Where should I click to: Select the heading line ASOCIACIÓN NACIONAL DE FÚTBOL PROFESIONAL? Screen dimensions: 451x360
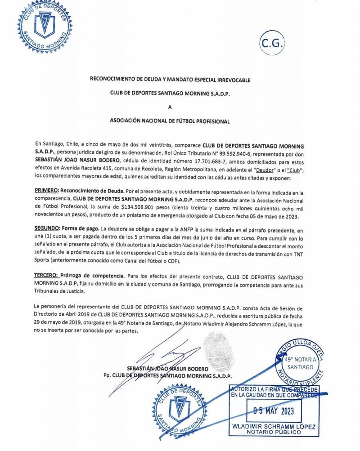[x=170, y=121]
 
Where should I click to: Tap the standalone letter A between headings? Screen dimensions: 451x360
[x=170, y=107]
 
